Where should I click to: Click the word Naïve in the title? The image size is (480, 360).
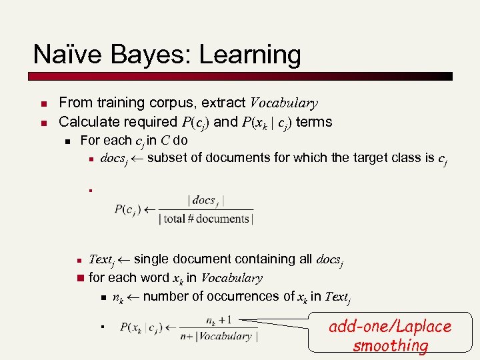(63, 55)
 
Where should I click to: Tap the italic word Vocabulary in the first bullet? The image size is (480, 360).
(283, 103)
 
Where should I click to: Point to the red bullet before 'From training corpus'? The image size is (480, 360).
(41, 104)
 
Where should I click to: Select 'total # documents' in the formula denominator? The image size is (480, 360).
(207, 219)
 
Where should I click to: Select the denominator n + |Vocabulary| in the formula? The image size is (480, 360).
(215, 336)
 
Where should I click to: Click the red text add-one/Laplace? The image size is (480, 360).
(390, 327)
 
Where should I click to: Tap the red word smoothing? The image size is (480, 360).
(390, 345)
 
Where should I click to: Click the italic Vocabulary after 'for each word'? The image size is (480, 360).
(232, 278)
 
